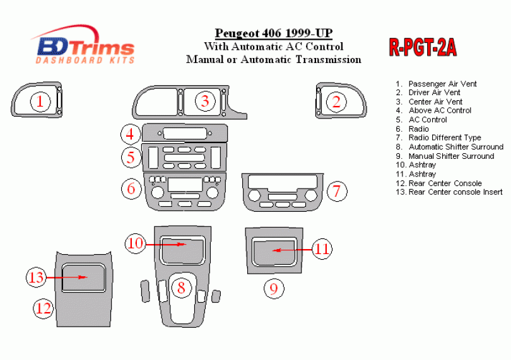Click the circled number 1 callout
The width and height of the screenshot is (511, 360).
click(40, 102)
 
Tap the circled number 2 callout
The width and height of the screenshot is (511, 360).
click(336, 102)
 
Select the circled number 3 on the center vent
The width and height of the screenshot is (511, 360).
click(204, 100)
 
